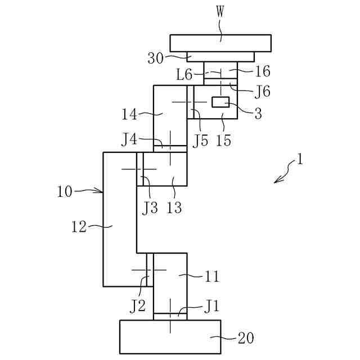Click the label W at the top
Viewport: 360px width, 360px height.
pos(220,12)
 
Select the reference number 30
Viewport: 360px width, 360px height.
pos(156,57)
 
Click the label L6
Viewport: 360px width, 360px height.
pos(184,74)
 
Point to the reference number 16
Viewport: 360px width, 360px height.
pos(262,71)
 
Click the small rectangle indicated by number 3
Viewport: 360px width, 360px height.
pos(220,102)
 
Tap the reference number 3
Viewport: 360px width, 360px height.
pos(258,114)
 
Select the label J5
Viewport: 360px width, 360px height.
pos(200,140)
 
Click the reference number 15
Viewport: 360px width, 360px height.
pos(223,140)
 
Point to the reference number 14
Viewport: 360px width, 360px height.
pos(130,115)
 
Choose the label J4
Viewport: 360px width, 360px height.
pos(130,138)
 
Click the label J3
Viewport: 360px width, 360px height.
pos(150,208)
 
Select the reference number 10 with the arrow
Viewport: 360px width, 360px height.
pos(65,191)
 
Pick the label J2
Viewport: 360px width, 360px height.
pos(138,306)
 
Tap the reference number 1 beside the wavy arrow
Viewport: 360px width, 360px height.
pos(299,160)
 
